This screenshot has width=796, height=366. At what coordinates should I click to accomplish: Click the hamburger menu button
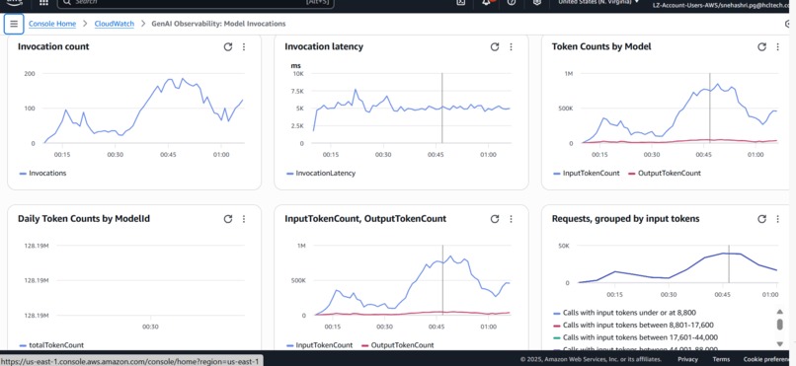tap(14, 23)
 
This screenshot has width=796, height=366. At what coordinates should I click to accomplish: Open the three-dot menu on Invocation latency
tap(511, 46)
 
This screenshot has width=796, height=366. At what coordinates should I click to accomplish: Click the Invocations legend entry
tap(46, 173)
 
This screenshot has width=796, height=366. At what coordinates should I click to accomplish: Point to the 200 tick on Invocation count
tap(30, 74)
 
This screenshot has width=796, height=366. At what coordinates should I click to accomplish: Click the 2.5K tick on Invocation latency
tap(297, 126)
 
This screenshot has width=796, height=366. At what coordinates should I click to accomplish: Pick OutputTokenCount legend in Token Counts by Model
tap(669, 173)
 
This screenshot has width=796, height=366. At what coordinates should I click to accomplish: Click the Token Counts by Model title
tap(601, 46)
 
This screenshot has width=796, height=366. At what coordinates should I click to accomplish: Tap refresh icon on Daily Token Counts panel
tap(228, 219)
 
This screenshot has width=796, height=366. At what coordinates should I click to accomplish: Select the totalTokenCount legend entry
tap(55, 345)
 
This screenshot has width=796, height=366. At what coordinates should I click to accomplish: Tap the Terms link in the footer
tap(721, 360)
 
